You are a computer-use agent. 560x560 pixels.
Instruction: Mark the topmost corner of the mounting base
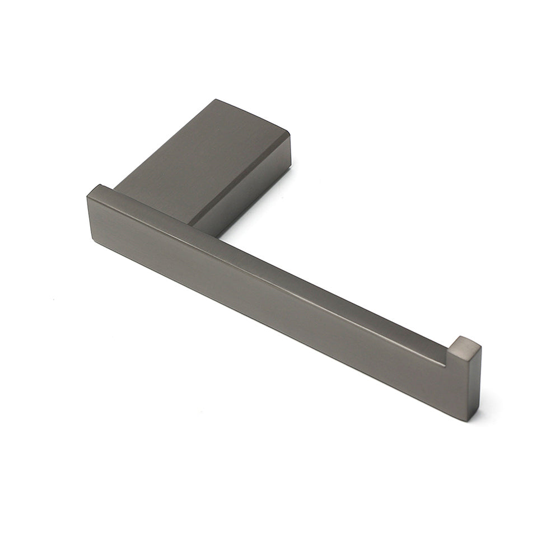(x=216, y=100)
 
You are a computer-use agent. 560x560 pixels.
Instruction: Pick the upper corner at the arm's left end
(x=100, y=185)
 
